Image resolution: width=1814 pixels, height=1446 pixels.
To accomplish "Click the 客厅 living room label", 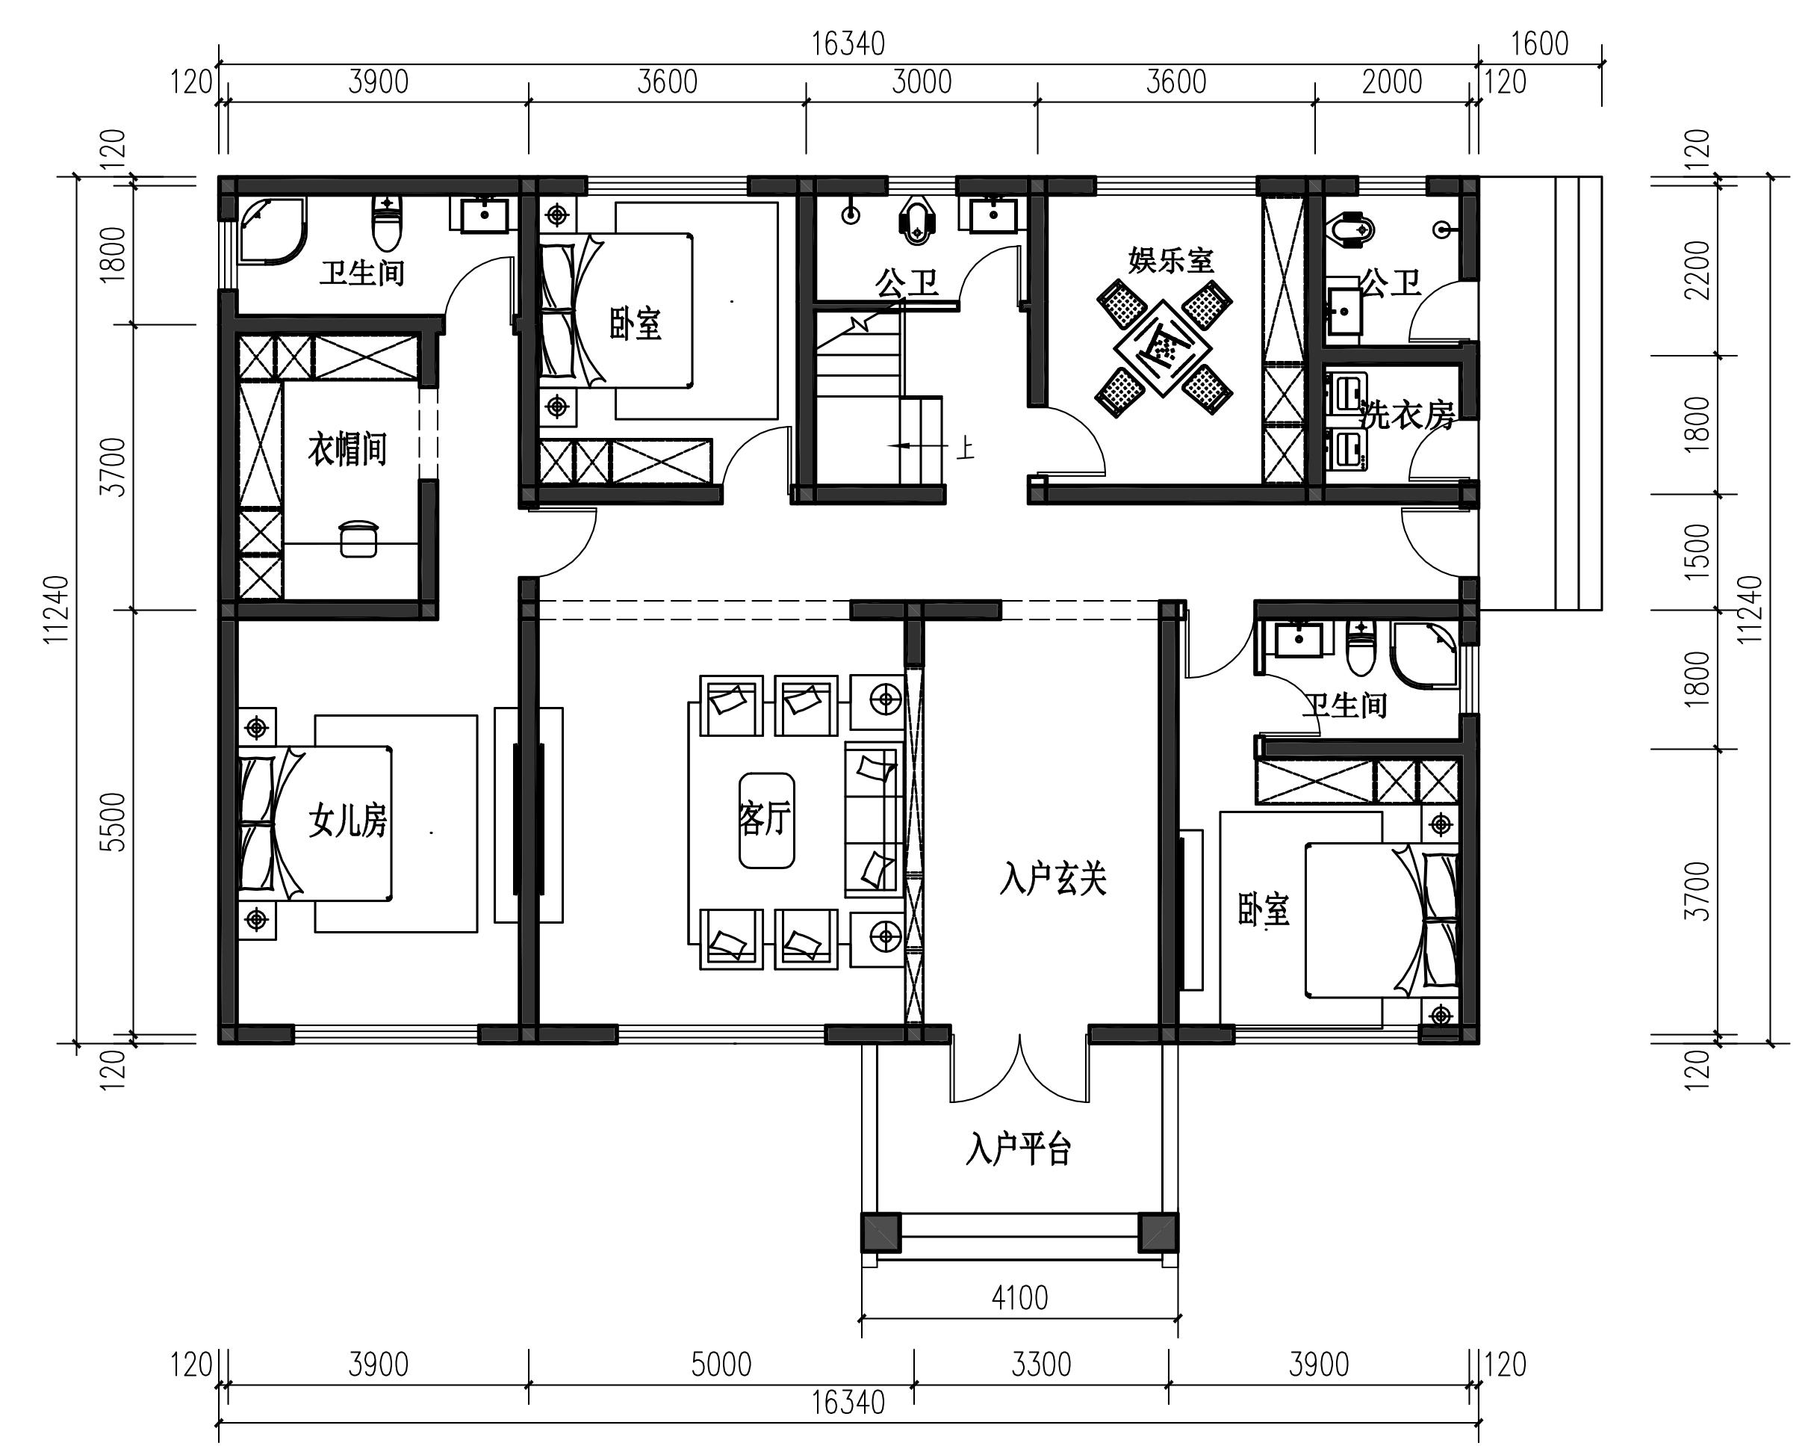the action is coord(765,818).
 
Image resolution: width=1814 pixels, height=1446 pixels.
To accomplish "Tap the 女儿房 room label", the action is coord(347,820).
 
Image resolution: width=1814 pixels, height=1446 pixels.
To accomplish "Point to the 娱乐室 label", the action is coord(1171,260).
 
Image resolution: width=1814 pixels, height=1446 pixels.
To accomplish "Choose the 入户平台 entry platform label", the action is coord(1018,1149).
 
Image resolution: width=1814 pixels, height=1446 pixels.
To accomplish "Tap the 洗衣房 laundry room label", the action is coord(1407,415).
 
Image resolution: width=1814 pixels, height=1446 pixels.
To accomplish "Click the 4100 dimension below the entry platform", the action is coord(1019,1298).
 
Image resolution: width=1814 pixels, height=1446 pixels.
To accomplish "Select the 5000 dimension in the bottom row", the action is coord(721,1365).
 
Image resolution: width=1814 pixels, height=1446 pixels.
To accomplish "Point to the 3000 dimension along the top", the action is coord(922,82).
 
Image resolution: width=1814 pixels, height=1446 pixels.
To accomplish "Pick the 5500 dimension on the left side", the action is coord(113,821).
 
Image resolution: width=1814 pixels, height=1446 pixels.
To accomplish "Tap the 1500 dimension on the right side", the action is coord(1699,551).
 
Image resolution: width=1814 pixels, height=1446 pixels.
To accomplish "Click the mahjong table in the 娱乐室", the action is coord(1164,347).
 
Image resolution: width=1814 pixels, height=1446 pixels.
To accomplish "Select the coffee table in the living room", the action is coord(766,820).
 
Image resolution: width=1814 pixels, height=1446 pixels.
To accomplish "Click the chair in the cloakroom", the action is coord(358,539).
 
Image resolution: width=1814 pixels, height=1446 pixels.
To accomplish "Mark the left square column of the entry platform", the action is coord(881,1232).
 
